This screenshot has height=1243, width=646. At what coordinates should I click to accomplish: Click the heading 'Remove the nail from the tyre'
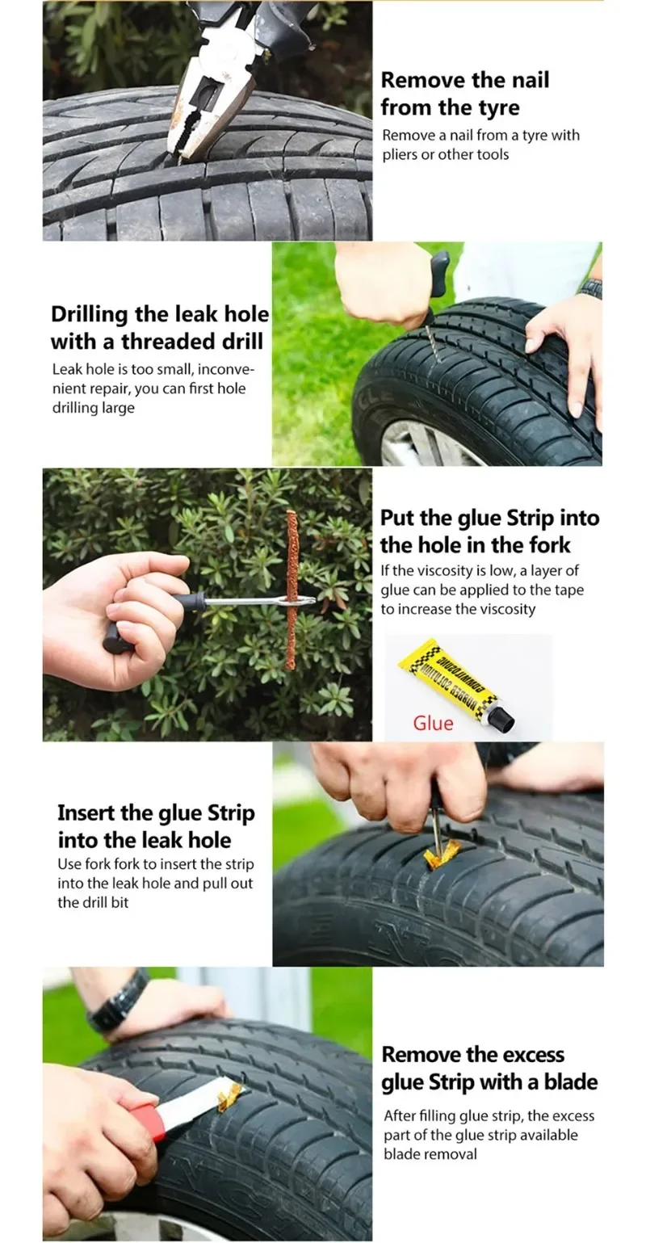pyautogui.click(x=464, y=94)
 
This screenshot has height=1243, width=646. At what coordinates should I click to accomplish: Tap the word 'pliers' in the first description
pyautogui.click(x=398, y=154)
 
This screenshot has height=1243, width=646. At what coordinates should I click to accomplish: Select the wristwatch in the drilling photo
pyautogui.click(x=590, y=288)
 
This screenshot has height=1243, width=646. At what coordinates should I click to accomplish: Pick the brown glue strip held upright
pyautogui.click(x=291, y=590)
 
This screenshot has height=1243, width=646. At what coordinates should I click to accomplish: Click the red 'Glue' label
pyautogui.click(x=433, y=723)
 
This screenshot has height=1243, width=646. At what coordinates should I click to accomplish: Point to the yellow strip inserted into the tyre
pyautogui.click(x=443, y=853)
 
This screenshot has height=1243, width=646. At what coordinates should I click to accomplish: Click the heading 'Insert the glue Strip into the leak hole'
pyautogui.click(x=156, y=825)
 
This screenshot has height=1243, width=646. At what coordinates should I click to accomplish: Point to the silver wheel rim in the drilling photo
pyautogui.click(x=420, y=444)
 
